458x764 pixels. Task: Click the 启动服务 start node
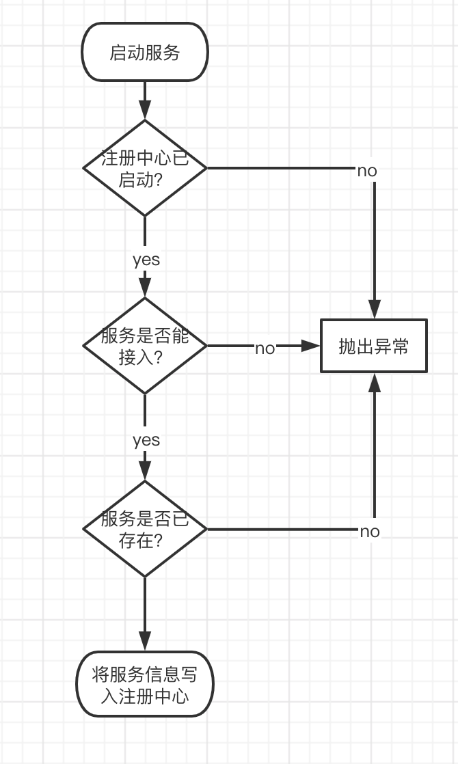(144, 53)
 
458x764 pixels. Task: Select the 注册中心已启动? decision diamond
(144, 168)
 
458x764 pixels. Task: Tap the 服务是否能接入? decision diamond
(144, 346)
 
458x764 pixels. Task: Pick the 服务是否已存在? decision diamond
(144, 529)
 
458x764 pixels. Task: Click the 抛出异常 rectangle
(374, 346)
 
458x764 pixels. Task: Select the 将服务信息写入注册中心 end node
(144, 684)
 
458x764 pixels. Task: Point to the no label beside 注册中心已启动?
(367, 171)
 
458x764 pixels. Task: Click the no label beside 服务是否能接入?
(265, 349)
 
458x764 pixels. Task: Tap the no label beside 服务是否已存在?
(369, 532)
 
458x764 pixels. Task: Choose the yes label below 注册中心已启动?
(146, 260)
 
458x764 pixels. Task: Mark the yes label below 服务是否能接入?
(146, 440)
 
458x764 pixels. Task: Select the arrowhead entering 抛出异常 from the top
(374, 310)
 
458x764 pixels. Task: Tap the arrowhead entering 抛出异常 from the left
(312, 346)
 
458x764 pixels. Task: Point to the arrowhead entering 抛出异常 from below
(374, 382)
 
